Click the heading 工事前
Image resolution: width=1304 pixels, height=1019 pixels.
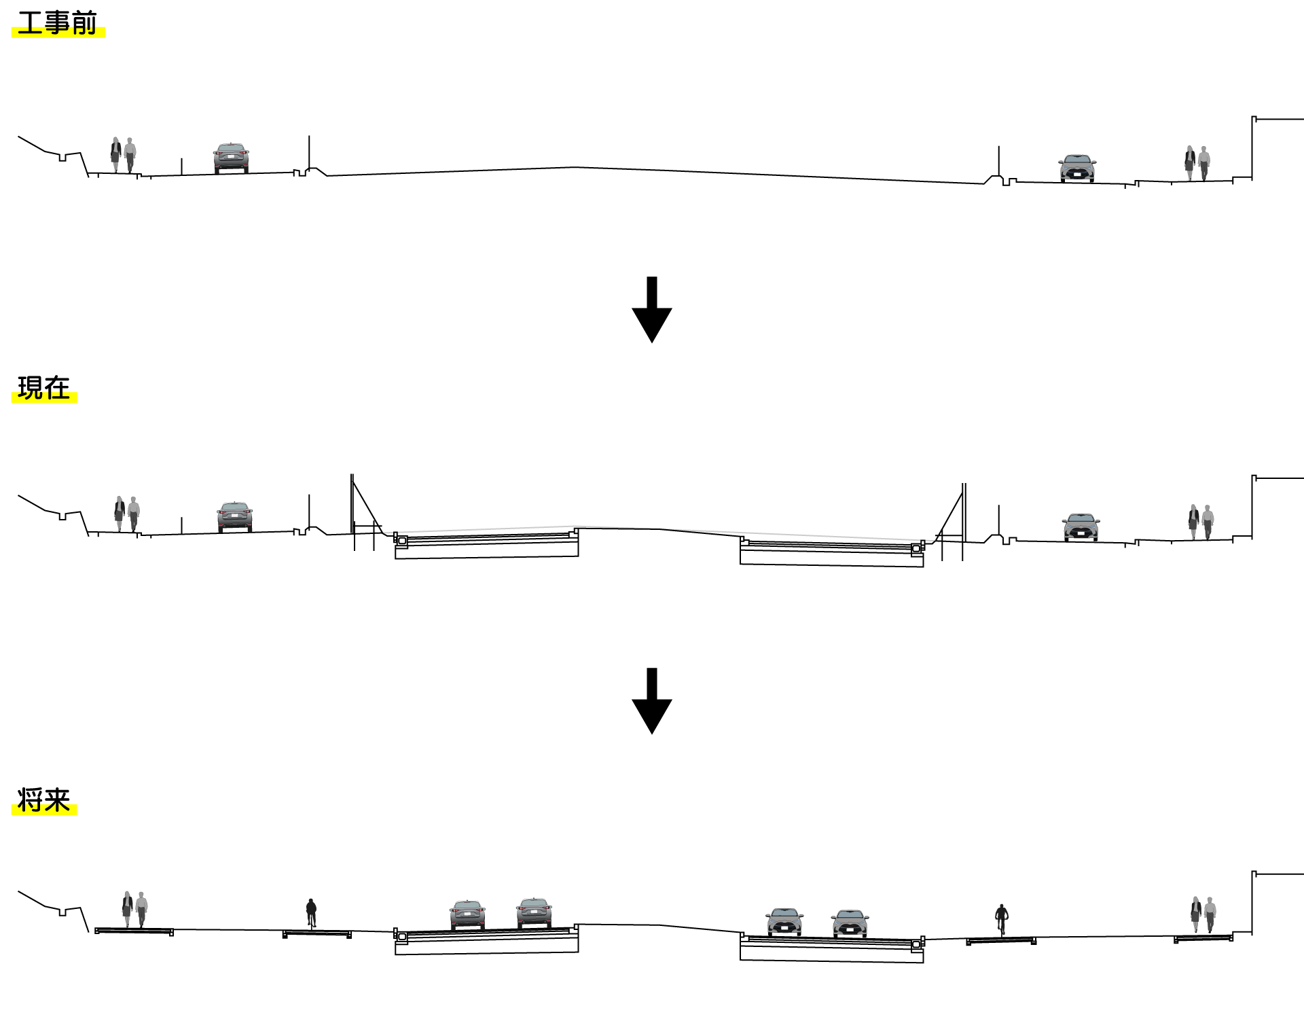click(58, 23)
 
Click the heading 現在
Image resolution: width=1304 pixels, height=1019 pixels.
click(44, 388)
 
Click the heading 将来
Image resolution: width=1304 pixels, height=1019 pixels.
click(44, 800)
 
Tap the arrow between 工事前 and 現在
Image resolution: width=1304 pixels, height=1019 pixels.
click(652, 309)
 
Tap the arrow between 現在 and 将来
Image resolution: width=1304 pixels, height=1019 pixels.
click(652, 700)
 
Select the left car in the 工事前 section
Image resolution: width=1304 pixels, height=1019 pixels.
click(231, 158)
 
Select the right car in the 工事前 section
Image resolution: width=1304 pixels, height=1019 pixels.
click(1077, 168)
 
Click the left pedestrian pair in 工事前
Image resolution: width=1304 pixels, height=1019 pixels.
click(123, 155)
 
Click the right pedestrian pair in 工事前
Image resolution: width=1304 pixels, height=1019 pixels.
click(1197, 163)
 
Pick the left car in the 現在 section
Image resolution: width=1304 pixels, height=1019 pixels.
click(234, 517)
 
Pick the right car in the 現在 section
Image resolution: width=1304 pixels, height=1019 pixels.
click(1081, 527)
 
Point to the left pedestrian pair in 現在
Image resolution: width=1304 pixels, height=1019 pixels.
click(126, 514)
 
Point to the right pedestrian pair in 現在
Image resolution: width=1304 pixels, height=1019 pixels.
click(1201, 522)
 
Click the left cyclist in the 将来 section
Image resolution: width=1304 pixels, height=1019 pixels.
click(311, 912)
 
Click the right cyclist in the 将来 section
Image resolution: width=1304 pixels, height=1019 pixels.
click(1001, 919)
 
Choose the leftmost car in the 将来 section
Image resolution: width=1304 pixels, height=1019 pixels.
click(467, 914)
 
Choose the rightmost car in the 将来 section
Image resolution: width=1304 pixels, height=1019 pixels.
click(850, 923)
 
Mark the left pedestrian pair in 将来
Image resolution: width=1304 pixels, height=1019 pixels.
click(134, 909)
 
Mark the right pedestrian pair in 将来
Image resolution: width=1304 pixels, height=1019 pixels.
click(1203, 914)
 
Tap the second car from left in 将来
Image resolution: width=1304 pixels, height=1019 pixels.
click(534, 912)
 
